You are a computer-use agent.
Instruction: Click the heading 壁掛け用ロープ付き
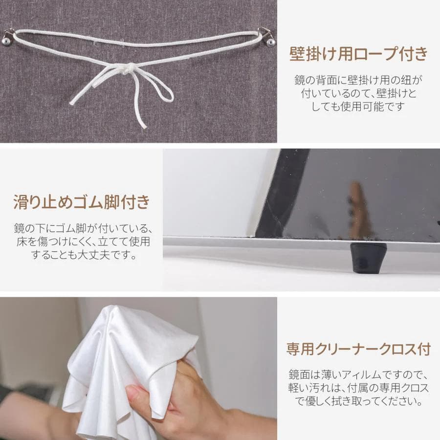[x=358, y=54]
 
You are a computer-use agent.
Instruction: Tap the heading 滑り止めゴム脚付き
[x=81, y=202]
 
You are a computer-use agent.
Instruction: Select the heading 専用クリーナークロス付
[x=358, y=350]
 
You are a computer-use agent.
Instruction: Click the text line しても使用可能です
[x=358, y=106]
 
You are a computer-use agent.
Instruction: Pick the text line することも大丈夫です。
[x=82, y=255]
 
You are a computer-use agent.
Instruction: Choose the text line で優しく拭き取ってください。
[x=358, y=402]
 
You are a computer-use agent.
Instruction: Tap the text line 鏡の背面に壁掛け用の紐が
[x=358, y=79]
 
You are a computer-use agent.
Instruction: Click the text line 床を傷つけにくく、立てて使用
[x=82, y=242]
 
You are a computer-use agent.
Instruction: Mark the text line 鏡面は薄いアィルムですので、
[x=358, y=375]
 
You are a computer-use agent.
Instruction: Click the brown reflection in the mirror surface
[x=360, y=210]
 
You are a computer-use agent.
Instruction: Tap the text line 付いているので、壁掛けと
[x=358, y=92]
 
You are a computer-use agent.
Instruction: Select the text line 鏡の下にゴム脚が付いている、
[x=82, y=228]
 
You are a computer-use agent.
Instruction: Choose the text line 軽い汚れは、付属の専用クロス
[x=358, y=389]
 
